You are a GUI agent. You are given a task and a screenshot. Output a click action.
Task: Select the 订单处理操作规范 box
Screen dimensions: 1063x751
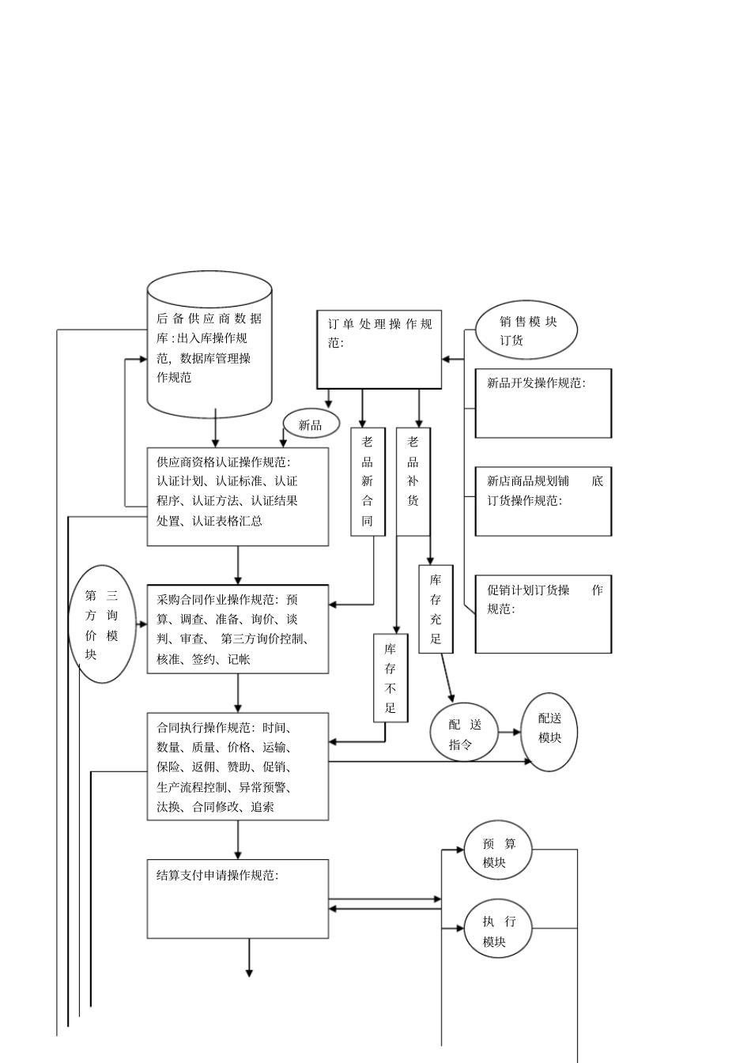[x=379, y=349]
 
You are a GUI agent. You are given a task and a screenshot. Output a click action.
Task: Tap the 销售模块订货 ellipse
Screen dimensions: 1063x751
[x=526, y=330]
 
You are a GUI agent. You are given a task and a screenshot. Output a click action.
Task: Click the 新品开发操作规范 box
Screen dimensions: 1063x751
[x=542, y=403]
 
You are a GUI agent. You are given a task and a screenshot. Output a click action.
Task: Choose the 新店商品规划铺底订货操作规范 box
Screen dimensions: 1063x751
[x=542, y=501]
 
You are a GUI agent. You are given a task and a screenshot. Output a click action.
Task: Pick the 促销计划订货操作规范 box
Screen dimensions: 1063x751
[x=542, y=614]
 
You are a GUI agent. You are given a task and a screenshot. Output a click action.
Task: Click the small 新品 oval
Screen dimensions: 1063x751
[x=311, y=425]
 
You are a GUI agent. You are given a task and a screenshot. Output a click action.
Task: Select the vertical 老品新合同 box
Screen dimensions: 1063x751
[x=368, y=481]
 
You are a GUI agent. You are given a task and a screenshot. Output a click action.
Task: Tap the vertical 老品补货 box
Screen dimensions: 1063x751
[x=413, y=481]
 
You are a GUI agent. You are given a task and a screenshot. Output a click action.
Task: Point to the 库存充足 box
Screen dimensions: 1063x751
[x=436, y=609]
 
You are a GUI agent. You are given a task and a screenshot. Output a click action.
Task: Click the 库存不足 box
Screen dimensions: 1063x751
[x=390, y=678]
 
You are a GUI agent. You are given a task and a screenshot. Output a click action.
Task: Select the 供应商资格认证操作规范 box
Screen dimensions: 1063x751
[x=237, y=496]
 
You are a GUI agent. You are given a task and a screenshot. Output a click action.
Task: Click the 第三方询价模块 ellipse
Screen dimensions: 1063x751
[x=102, y=624]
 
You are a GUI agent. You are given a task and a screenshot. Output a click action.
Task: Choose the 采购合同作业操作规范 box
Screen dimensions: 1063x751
[x=237, y=629]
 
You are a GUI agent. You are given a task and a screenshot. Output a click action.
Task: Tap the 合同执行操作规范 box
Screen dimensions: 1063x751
[x=237, y=766]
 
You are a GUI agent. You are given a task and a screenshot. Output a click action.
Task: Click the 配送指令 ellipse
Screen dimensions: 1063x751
[x=464, y=733]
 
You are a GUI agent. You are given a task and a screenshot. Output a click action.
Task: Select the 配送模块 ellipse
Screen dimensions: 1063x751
[x=549, y=732]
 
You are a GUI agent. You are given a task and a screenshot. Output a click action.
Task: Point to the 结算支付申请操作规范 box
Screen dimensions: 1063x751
[x=237, y=899]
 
